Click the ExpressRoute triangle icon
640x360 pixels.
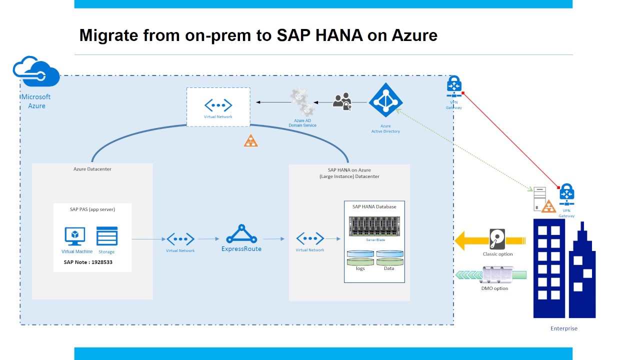point(241,234)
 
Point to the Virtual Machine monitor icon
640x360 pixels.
point(75,236)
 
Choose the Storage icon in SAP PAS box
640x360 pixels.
point(107,236)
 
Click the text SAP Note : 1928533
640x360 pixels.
point(88,262)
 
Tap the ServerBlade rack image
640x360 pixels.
point(374,226)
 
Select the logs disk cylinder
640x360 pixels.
point(360,257)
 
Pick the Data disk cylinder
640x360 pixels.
point(389,257)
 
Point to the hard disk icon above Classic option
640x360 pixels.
point(497,239)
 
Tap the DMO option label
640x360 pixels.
point(495,288)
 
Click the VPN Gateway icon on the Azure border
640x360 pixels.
point(454,87)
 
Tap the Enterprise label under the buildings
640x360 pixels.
point(564,328)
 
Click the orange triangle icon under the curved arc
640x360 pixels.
point(250,141)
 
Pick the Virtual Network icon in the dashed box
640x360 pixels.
point(218,105)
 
